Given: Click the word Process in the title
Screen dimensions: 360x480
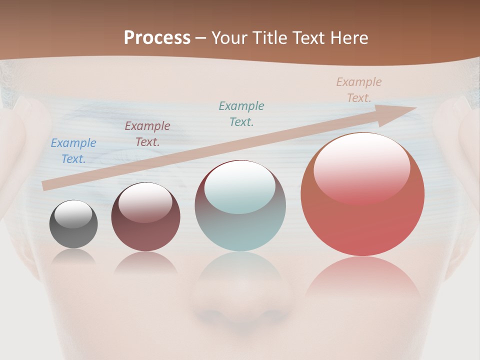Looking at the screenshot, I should tap(157, 38).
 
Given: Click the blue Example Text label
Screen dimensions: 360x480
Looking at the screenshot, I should tap(73, 151).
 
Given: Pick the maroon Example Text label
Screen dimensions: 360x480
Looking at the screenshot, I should tap(147, 134).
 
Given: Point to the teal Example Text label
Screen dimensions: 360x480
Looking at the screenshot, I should tap(241, 114).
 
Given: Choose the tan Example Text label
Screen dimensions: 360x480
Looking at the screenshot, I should tap(359, 90).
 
